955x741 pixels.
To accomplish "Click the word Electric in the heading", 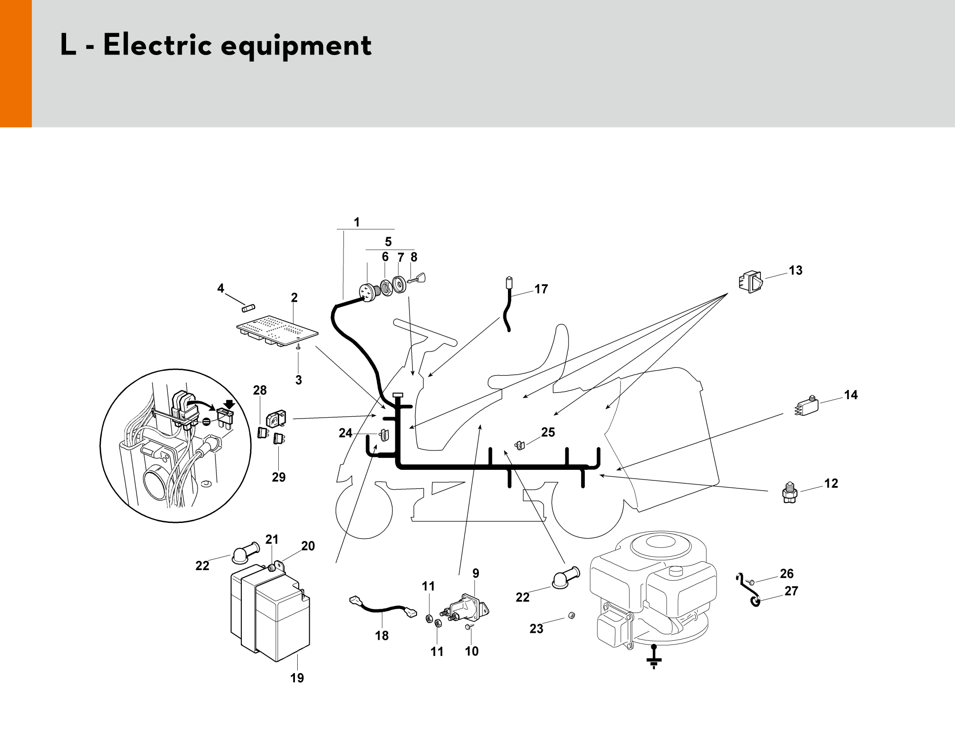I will (x=157, y=45).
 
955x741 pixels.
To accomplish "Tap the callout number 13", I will (x=796, y=270).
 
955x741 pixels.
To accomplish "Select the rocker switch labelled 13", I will (x=751, y=281).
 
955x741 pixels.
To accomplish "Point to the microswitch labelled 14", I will (x=807, y=407).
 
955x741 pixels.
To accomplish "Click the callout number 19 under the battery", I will (x=297, y=678).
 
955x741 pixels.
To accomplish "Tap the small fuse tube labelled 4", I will (x=249, y=308).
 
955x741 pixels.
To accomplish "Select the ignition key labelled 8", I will (x=418, y=278).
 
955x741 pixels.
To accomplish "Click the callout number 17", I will (x=541, y=289).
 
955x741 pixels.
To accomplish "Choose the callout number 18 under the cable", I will (x=381, y=636).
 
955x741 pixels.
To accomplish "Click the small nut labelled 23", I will (x=571, y=615).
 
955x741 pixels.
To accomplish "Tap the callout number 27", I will (x=791, y=591).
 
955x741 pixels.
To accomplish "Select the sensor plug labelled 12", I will (x=790, y=493).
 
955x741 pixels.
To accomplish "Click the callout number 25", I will (x=548, y=432).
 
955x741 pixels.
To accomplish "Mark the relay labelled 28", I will (x=276, y=419).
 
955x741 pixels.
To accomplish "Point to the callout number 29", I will (x=278, y=477).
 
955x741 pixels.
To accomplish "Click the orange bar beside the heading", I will (x=16, y=63).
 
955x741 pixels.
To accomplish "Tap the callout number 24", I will (x=345, y=433).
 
